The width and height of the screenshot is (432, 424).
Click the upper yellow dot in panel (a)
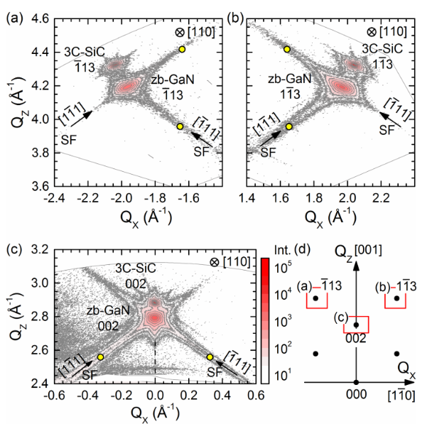(182, 49)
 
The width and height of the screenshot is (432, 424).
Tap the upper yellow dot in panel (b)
(287, 49)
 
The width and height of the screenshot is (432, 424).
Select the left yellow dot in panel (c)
(100, 357)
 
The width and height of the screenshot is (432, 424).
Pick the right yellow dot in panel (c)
(210, 357)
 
